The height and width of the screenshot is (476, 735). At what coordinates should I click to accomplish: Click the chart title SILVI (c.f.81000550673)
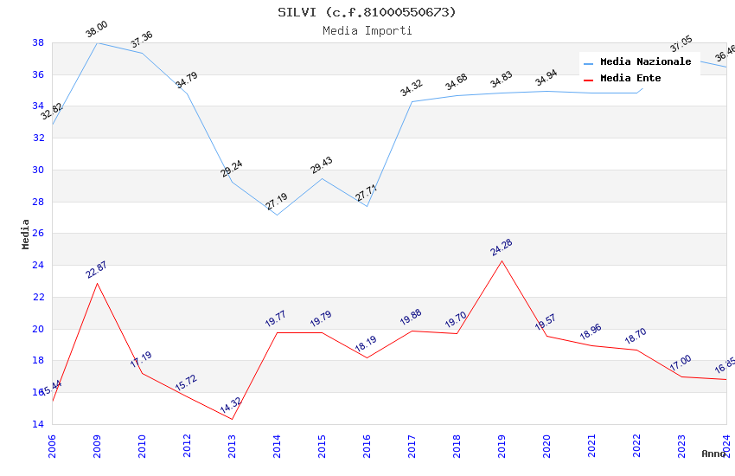pos(367,12)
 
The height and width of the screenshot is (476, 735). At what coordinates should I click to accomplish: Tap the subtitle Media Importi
pos(367,31)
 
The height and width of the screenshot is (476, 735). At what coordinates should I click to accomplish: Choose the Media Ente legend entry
pos(630,79)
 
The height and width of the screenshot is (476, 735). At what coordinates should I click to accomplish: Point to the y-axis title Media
pos(26,234)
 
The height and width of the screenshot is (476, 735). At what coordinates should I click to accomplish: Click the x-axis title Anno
pos(713,453)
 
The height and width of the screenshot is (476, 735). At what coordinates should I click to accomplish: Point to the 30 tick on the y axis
pos(38,170)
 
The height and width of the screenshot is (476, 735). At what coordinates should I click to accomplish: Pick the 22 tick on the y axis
pos(38,297)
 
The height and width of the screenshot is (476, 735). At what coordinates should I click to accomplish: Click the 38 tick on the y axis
pos(38,42)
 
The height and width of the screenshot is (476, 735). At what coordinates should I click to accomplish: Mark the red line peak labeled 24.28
pos(502,261)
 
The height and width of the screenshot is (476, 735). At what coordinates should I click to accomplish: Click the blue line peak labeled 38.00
pos(97,42)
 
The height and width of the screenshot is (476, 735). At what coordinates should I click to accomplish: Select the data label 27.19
pos(277,202)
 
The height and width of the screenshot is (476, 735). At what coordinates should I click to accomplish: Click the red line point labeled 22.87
pos(97,283)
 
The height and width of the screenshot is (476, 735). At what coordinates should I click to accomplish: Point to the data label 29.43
pos(322,165)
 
